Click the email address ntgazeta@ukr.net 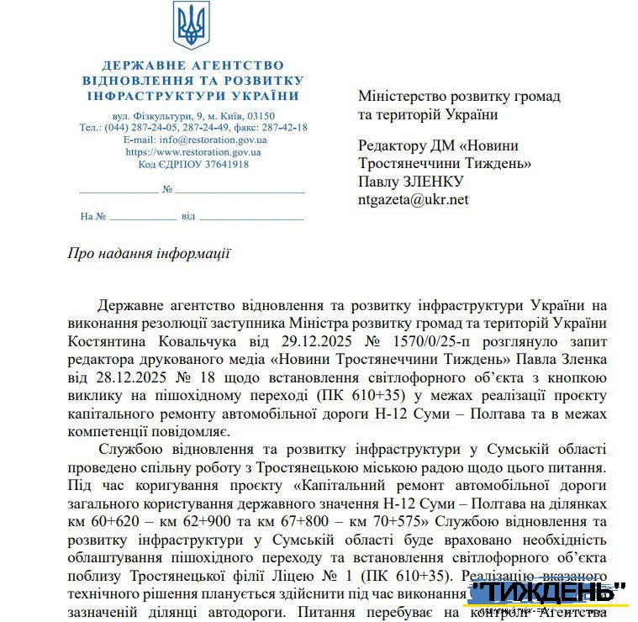coord(413,199)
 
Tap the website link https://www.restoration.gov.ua coord(193,152)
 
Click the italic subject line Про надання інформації coord(149,253)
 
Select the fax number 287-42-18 coord(283,128)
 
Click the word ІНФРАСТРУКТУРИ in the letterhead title coord(148,96)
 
